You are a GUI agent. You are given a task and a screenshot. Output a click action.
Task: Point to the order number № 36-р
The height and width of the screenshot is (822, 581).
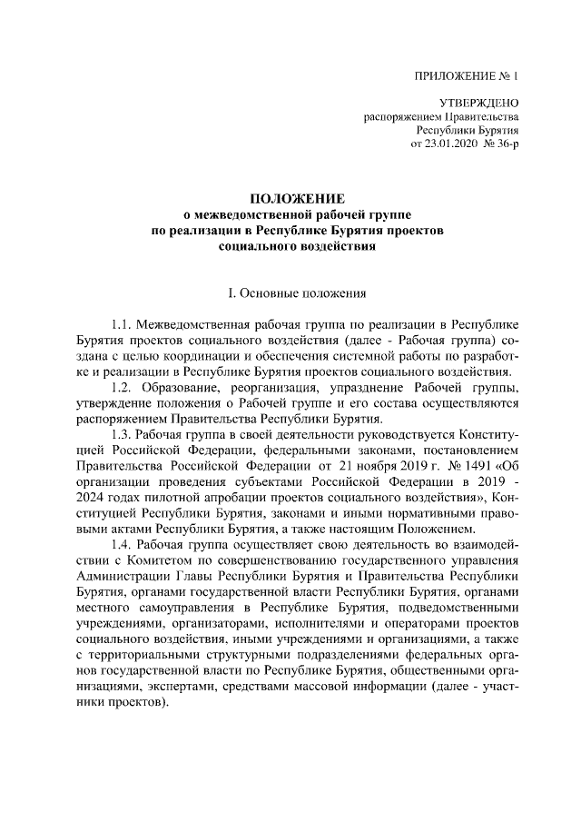point(502,143)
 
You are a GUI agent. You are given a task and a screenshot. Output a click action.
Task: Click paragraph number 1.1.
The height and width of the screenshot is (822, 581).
point(122,324)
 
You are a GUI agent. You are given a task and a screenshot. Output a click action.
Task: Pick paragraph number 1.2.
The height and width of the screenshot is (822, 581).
point(122,389)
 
